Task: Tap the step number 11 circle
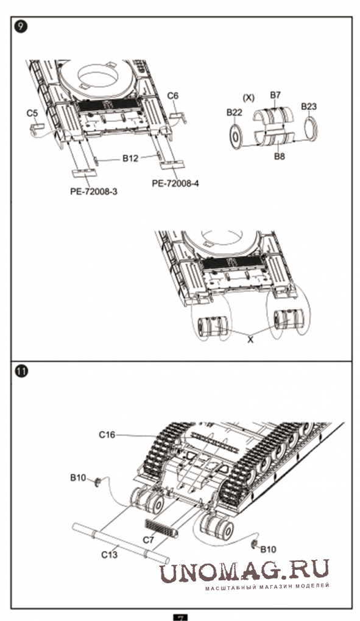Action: [22, 372]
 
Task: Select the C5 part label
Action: [32, 113]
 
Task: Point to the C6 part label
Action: [172, 96]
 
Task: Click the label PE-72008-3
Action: [94, 191]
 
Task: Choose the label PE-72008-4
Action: [175, 183]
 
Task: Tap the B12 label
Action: [130, 158]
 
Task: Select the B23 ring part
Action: [311, 128]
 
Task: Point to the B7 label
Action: [275, 94]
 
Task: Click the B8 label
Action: [280, 156]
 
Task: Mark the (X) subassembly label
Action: [249, 98]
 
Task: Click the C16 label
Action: [107, 435]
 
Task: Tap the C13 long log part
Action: [121, 543]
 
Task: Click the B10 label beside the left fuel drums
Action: [78, 478]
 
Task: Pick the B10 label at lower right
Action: [268, 549]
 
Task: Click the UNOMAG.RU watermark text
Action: [244, 570]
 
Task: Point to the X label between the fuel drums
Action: [250, 339]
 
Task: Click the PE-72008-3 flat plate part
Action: [84, 173]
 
